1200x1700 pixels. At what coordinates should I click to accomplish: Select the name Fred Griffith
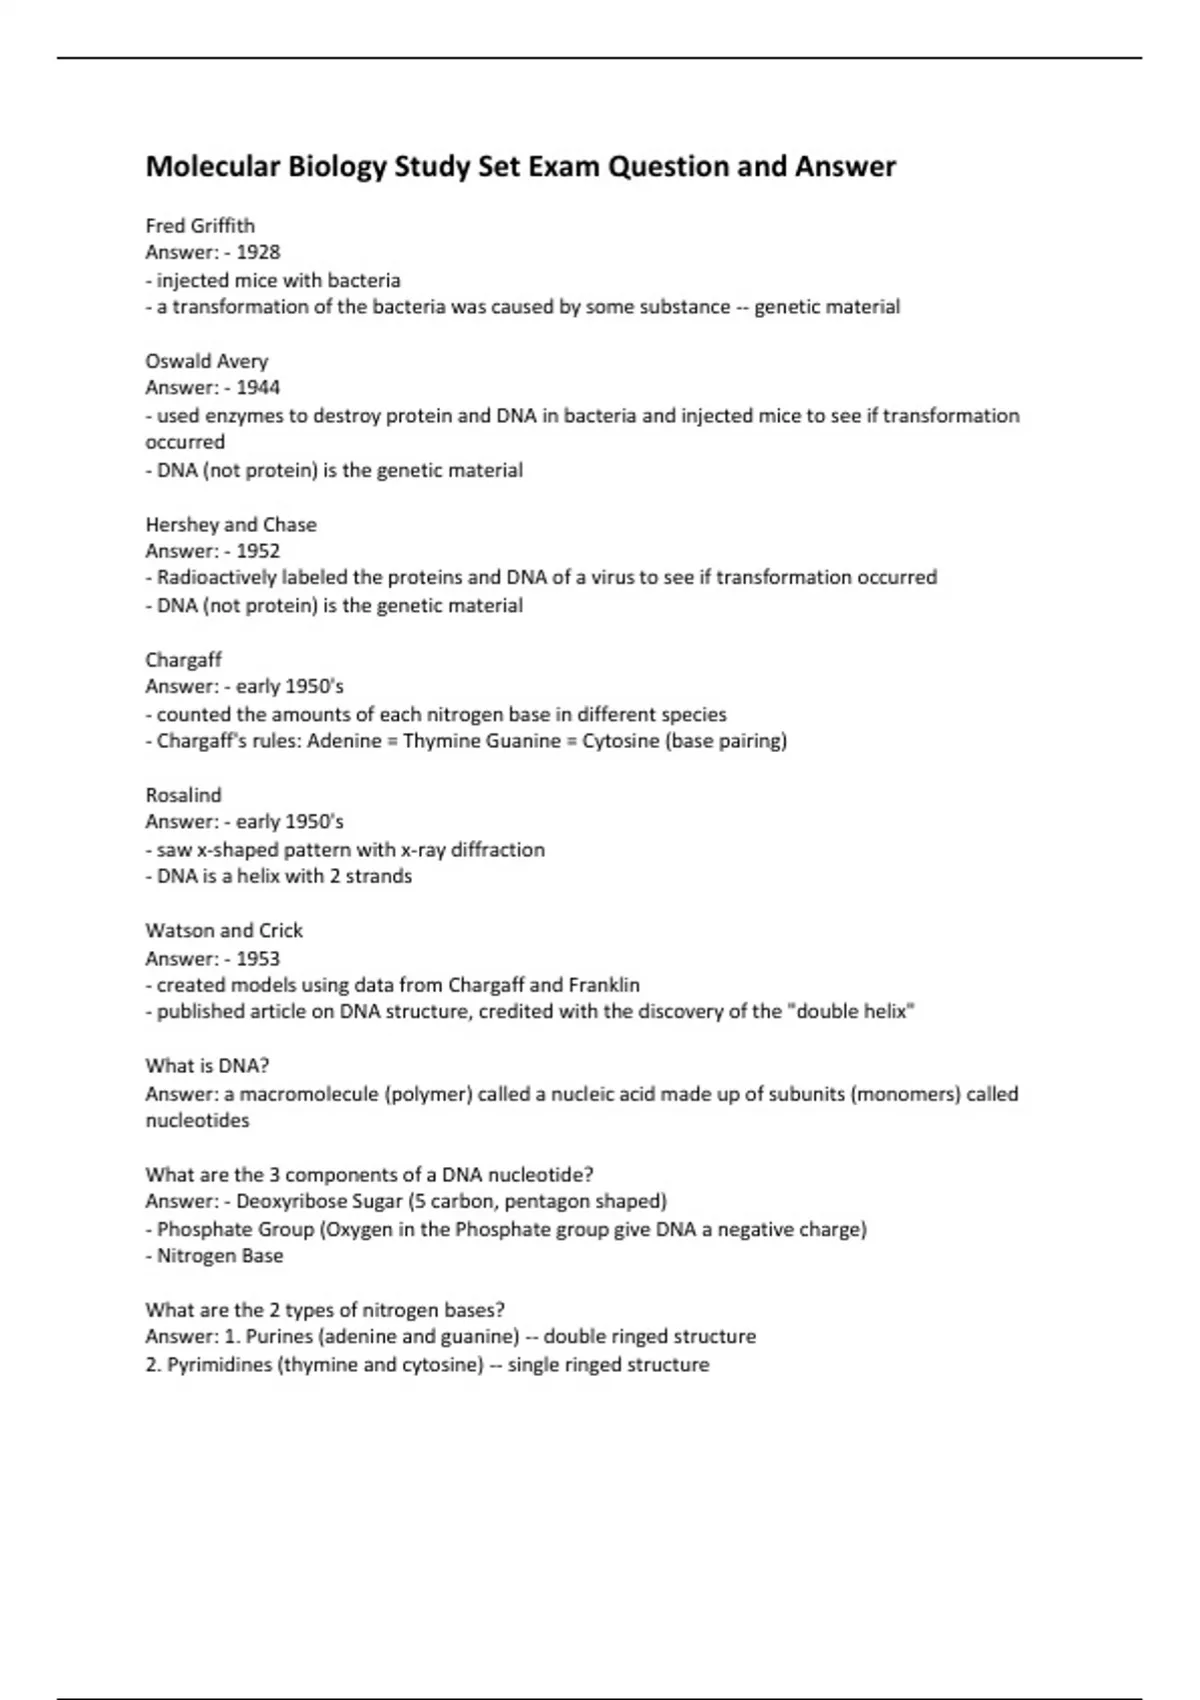click(x=200, y=225)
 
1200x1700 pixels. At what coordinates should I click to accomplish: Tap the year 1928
click(x=258, y=252)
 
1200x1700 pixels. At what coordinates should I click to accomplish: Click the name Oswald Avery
click(x=206, y=361)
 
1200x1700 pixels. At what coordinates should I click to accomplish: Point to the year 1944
click(x=258, y=388)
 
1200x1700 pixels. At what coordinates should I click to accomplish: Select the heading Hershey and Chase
click(x=231, y=524)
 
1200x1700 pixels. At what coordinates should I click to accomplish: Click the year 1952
click(x=258, y=551)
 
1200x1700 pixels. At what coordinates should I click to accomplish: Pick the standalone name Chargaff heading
click(x=183, y=660)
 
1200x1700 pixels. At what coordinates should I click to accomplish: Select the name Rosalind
click(x=183, y=795)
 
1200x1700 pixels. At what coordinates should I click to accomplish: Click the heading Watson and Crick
click(x=224, y=930)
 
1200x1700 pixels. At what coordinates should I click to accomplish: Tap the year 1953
click(x=258, y=958)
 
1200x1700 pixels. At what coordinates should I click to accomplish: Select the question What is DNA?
click(x=207, y=1065)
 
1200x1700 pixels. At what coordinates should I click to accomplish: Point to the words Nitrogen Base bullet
click(x=220, y=1256)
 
